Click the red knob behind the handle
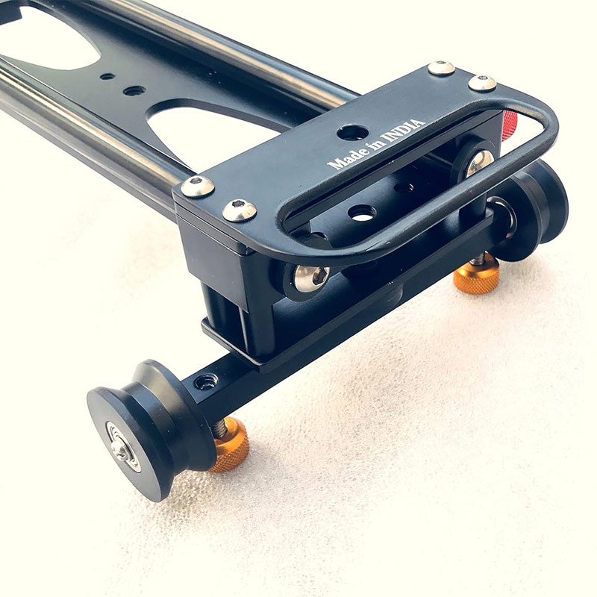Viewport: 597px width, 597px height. (510, 125)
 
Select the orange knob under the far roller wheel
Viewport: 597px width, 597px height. (476, 273)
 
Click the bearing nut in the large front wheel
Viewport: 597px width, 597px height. (120, 450)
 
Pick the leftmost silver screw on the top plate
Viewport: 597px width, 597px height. (197, 186)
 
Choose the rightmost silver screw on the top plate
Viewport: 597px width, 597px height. (482, 83)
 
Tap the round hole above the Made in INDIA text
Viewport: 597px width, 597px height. (352, 132)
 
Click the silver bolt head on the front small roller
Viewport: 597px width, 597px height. (311, 278)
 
